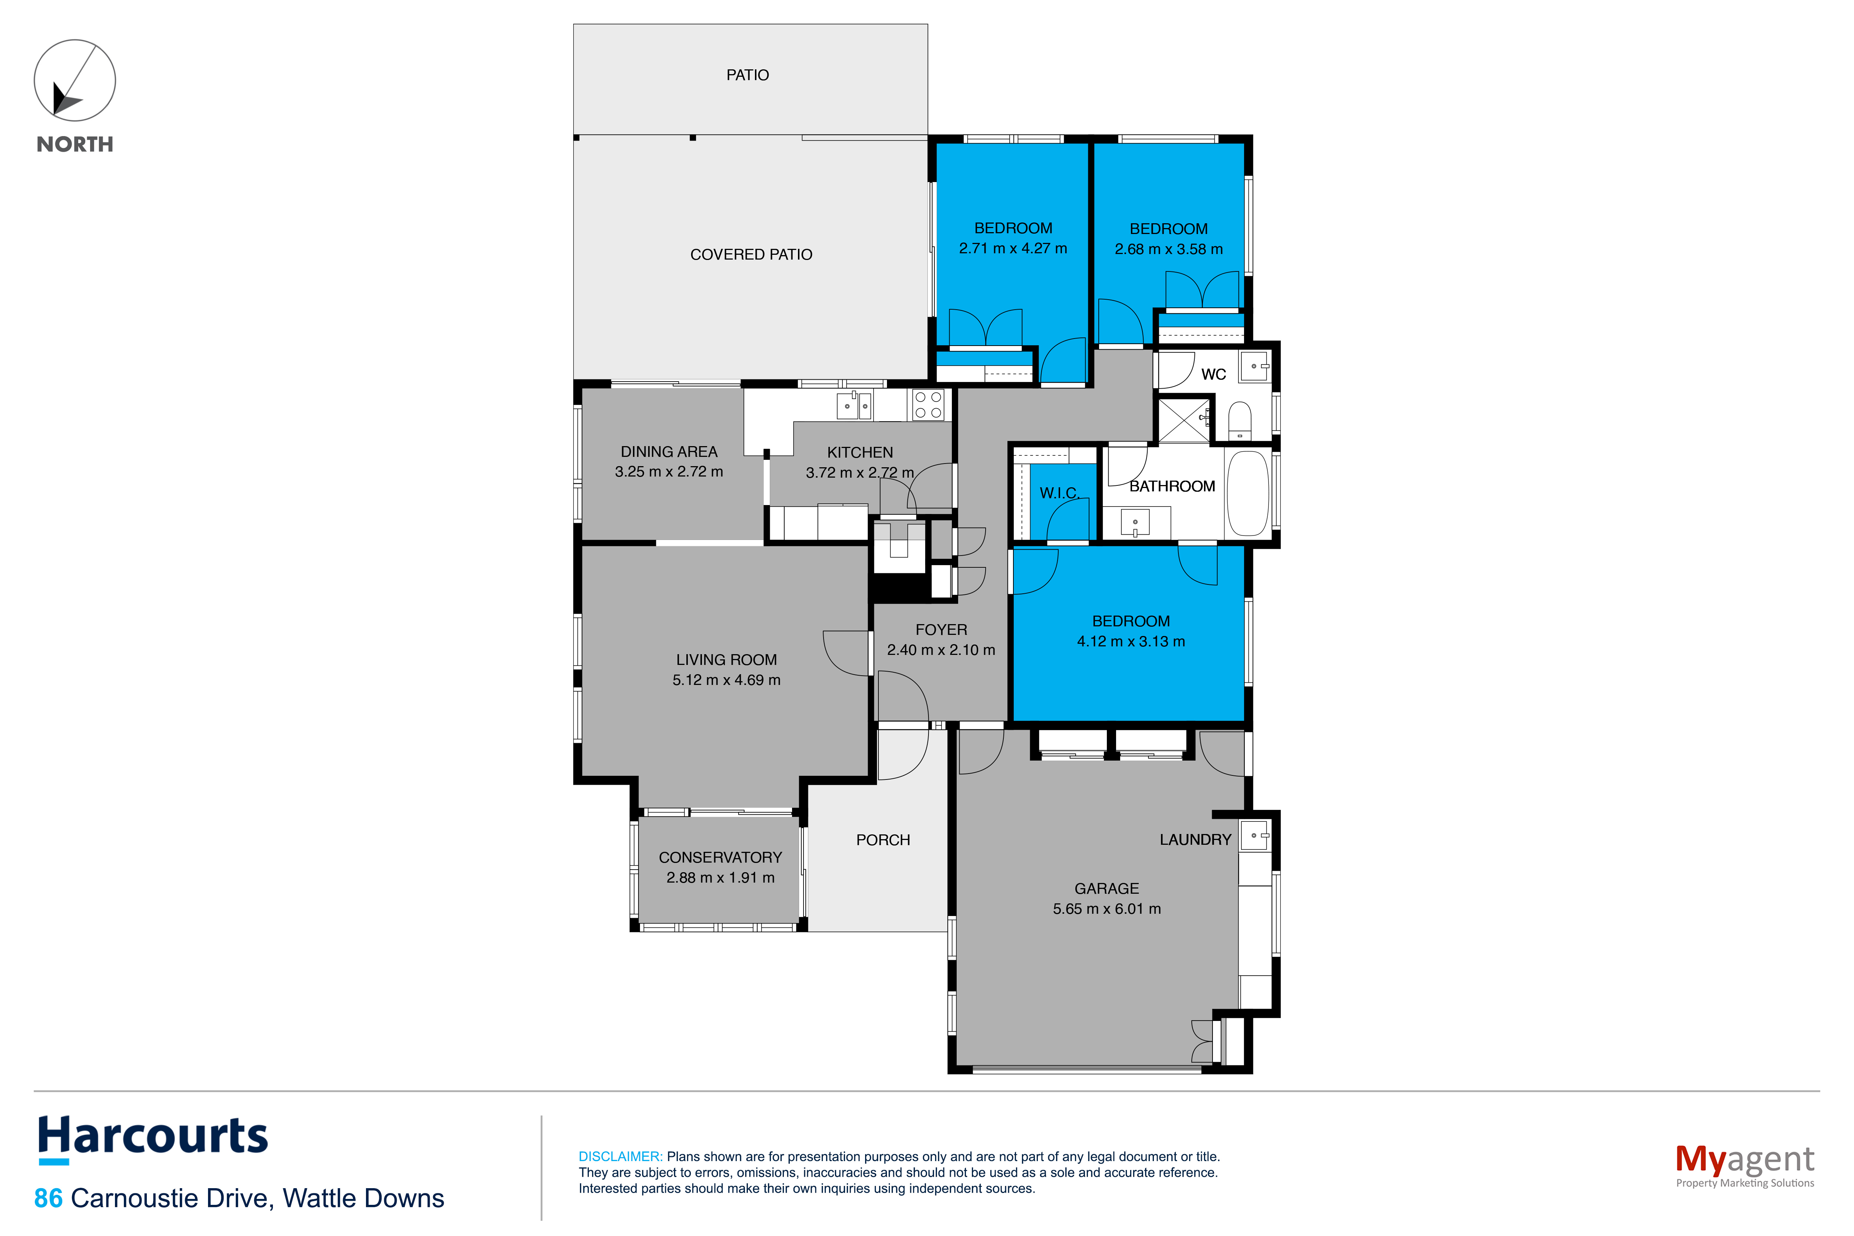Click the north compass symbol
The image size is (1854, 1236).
click(75, 80)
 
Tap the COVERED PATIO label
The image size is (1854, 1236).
click(751, 255)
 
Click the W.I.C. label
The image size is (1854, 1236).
click(1059, 494)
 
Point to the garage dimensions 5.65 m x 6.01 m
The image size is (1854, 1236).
click(1107, 909)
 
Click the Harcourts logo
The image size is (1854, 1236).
click(153, 1139)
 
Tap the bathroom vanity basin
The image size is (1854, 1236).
click(1135, 523)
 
